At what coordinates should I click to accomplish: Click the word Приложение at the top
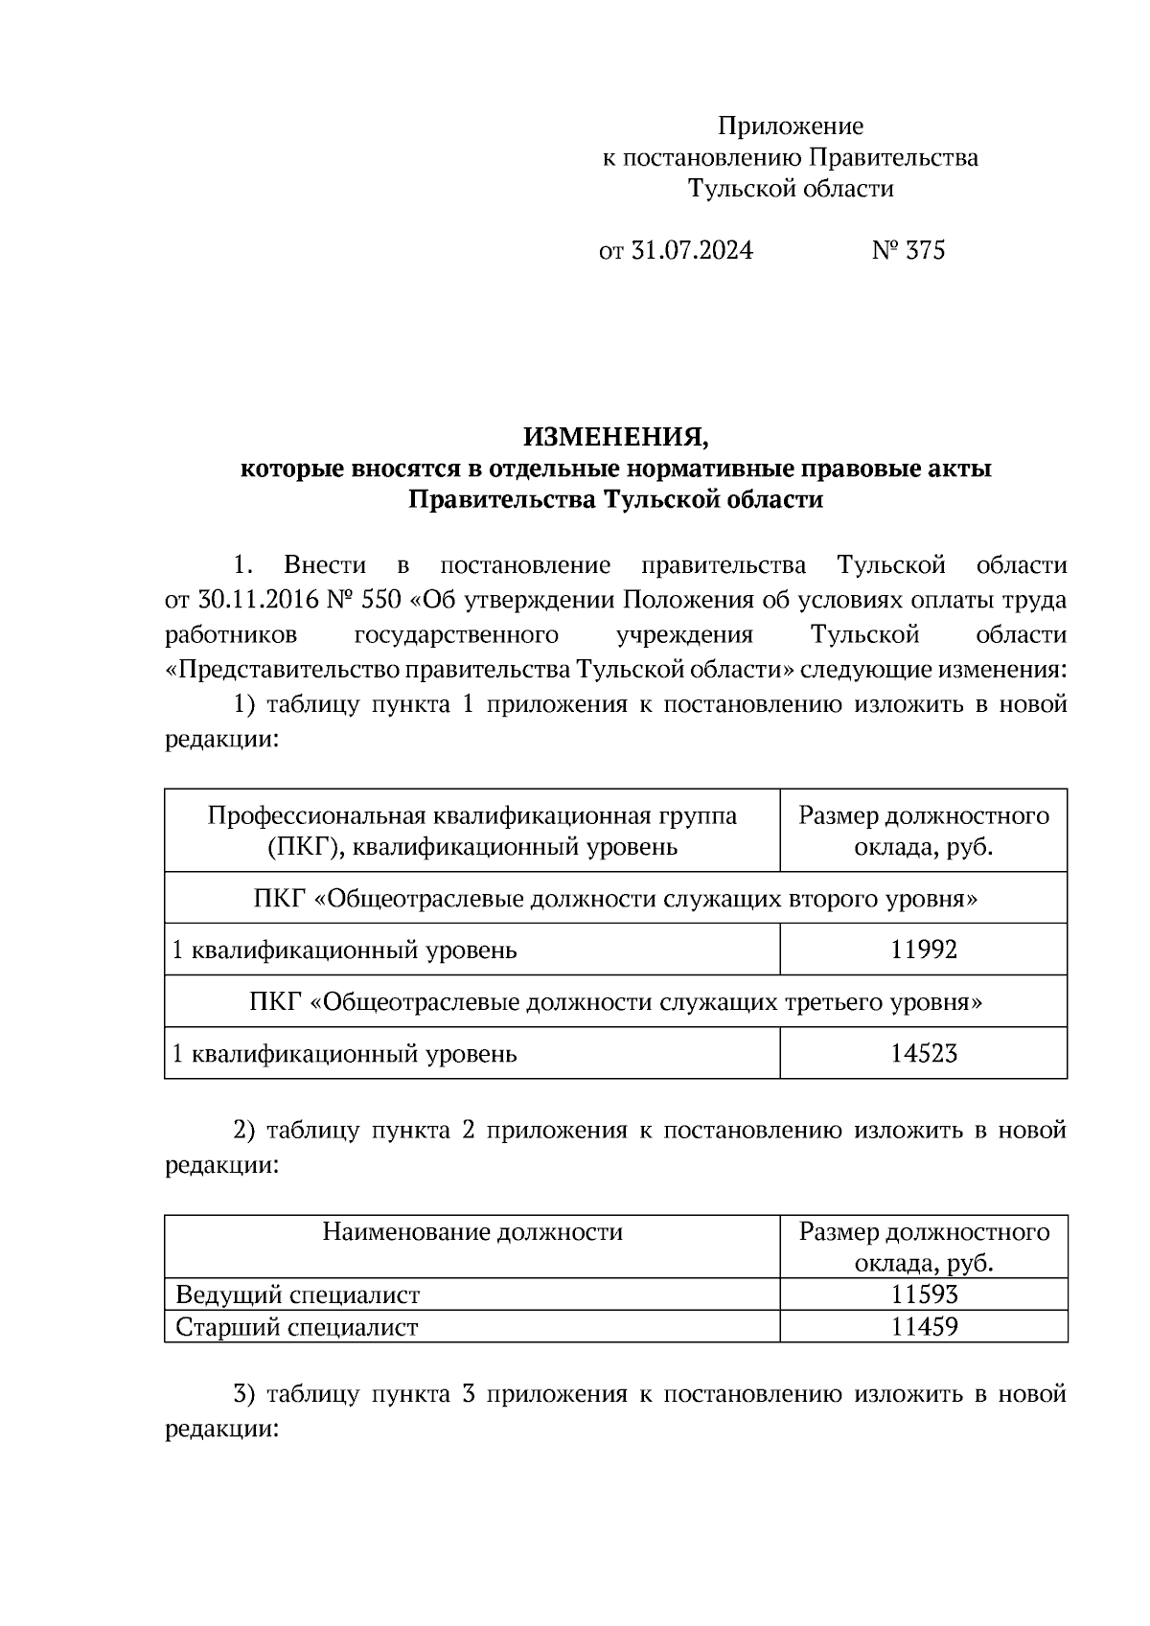point(791,126)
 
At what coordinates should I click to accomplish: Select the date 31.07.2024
point(692,251)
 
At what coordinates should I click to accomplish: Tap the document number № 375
point(908,251)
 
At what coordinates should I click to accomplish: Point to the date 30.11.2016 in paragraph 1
point(256,601)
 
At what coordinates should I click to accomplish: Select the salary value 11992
point(923,950)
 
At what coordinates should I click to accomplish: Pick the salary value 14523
point(923,1054)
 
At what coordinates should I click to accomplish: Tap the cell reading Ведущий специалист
point(297,1295)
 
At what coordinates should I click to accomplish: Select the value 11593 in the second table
point(924,1295)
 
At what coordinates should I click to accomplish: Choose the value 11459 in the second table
point(924,1327)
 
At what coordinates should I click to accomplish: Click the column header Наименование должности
point(471,1231)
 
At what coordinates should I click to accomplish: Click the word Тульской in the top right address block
point(732,189)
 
